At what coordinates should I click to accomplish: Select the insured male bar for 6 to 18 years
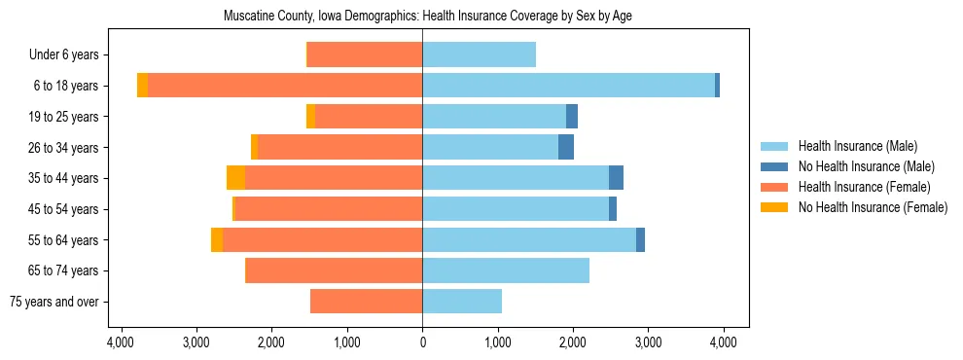[568, 86]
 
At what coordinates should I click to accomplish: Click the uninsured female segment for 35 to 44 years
[235, 178]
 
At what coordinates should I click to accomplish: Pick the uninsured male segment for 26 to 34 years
[566, 147]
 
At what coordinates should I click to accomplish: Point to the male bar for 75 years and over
[462, 302]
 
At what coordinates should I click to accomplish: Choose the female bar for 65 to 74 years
[334, 270]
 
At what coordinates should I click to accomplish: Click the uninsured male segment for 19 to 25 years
[572, 117]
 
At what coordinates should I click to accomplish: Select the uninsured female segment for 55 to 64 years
[217, 240]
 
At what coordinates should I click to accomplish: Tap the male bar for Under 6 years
[479, 54]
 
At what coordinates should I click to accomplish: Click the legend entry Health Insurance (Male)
[857, 146]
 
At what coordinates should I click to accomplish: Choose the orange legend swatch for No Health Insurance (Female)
[775, 207]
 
